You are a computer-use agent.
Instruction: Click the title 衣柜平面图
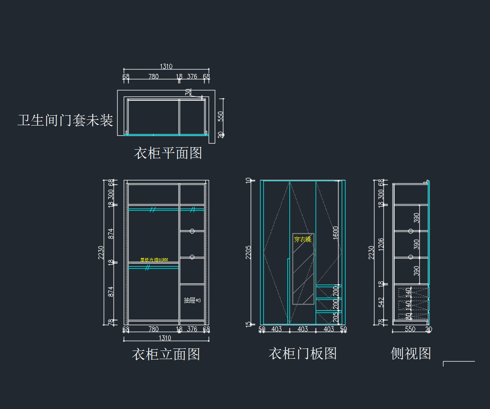(168, 153)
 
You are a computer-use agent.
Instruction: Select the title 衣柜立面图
(166, 354)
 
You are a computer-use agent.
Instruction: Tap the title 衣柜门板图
(303, 353)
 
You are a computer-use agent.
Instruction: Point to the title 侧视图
(411, 353)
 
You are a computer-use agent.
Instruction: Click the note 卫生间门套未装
(65, 120)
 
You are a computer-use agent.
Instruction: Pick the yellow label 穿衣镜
(303, 239)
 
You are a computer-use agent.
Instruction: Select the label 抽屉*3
(192, 300)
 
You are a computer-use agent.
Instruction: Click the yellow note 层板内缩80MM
(154, 260)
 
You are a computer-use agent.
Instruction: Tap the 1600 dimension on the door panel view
(336, 233)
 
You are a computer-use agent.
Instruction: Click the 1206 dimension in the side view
(381, 244)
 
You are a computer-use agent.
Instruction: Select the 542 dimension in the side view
(381, 302)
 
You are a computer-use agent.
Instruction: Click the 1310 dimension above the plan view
(166, 66)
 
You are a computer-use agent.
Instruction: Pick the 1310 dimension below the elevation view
(165, 338)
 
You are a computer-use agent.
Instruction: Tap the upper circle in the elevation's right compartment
(192, 231)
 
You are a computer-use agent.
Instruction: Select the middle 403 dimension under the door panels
(303, 329)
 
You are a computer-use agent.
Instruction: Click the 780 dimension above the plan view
(154, 76)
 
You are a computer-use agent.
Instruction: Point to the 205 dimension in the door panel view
(336, 317)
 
